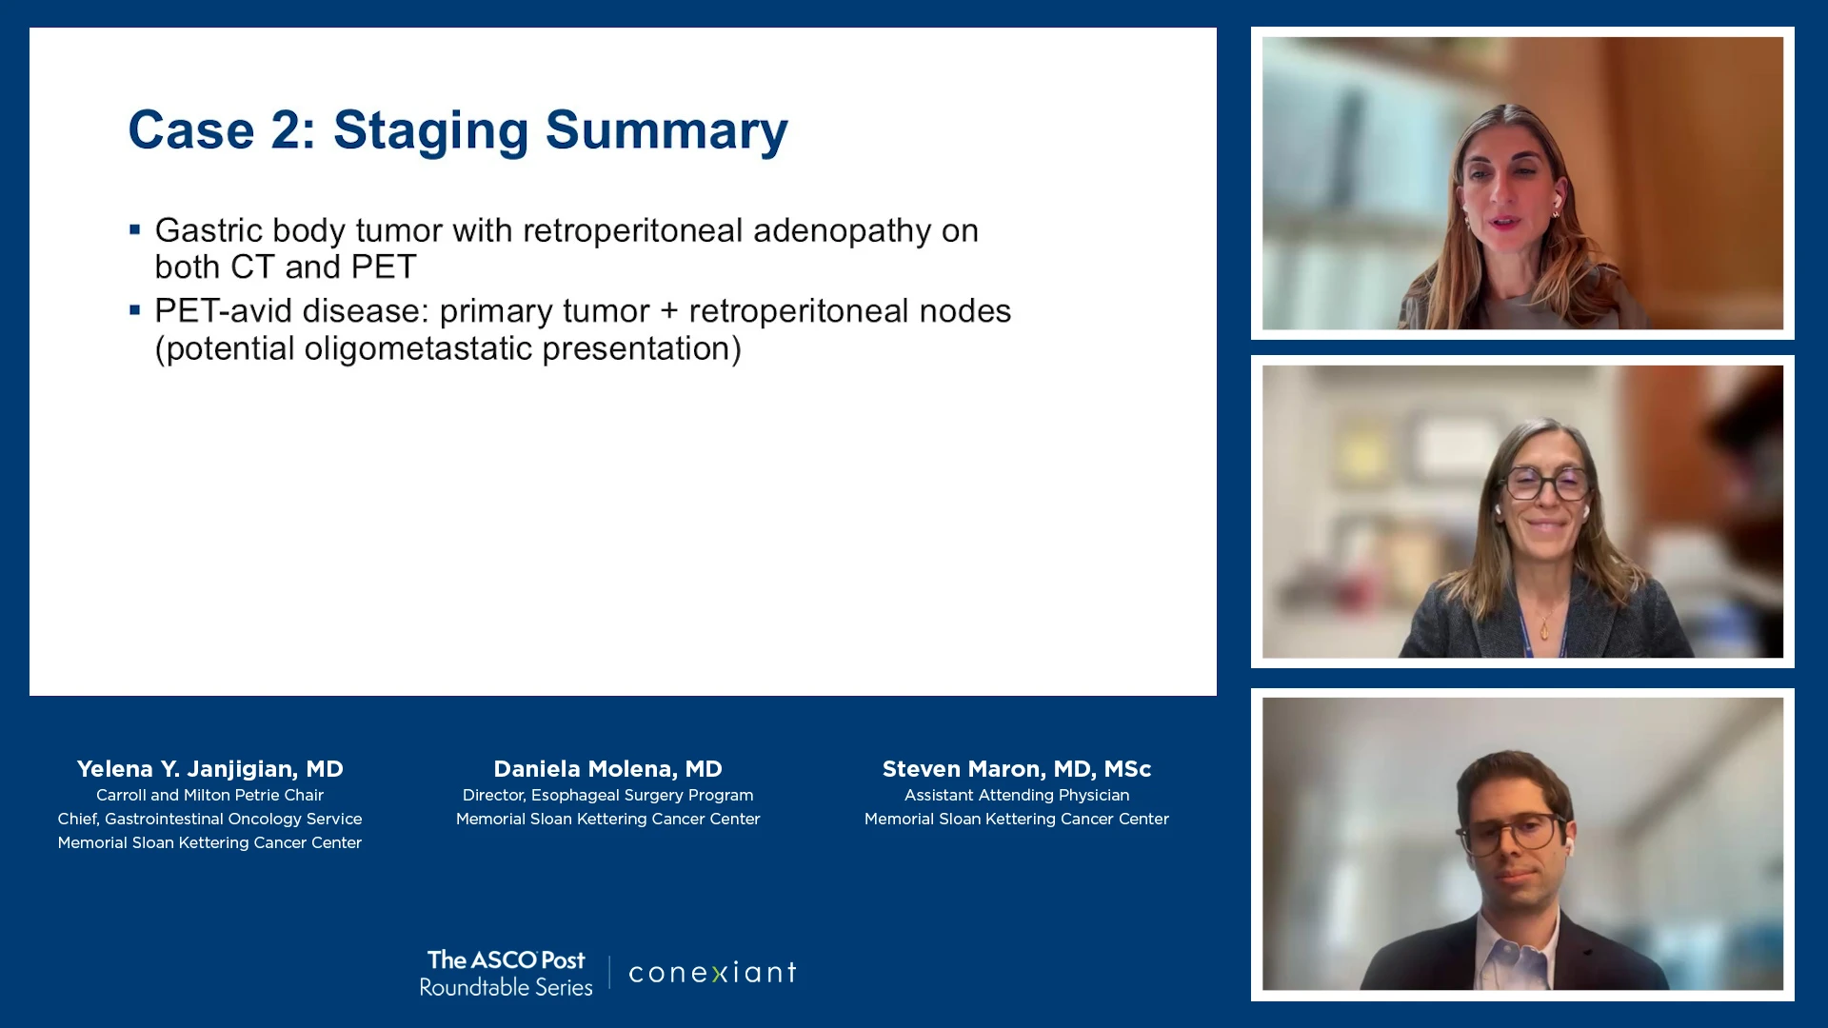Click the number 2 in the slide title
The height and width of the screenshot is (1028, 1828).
click(287, 130)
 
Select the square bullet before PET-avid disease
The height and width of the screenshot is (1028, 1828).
click(135, 309)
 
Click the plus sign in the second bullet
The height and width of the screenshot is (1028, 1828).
click(669, 312)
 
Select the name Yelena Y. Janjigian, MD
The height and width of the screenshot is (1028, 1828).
click(209, 768)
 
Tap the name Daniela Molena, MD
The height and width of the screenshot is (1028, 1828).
click(607, 768)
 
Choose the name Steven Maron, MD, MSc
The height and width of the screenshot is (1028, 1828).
click(1017, 768)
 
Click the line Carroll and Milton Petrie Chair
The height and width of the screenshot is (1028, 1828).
click(209, 795)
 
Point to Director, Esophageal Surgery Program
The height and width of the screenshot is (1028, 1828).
click(607, 795)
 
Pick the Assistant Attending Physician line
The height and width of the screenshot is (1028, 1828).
click(1017, 795)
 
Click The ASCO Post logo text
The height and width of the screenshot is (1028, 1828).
click(506, 959)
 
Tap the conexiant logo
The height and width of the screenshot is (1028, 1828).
click(712, 972)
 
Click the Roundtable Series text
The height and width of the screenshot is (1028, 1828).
click(506, 987)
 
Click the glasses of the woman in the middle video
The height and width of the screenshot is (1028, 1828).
click(1545, 484)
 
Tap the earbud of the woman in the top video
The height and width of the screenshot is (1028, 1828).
click(1558, 201)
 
